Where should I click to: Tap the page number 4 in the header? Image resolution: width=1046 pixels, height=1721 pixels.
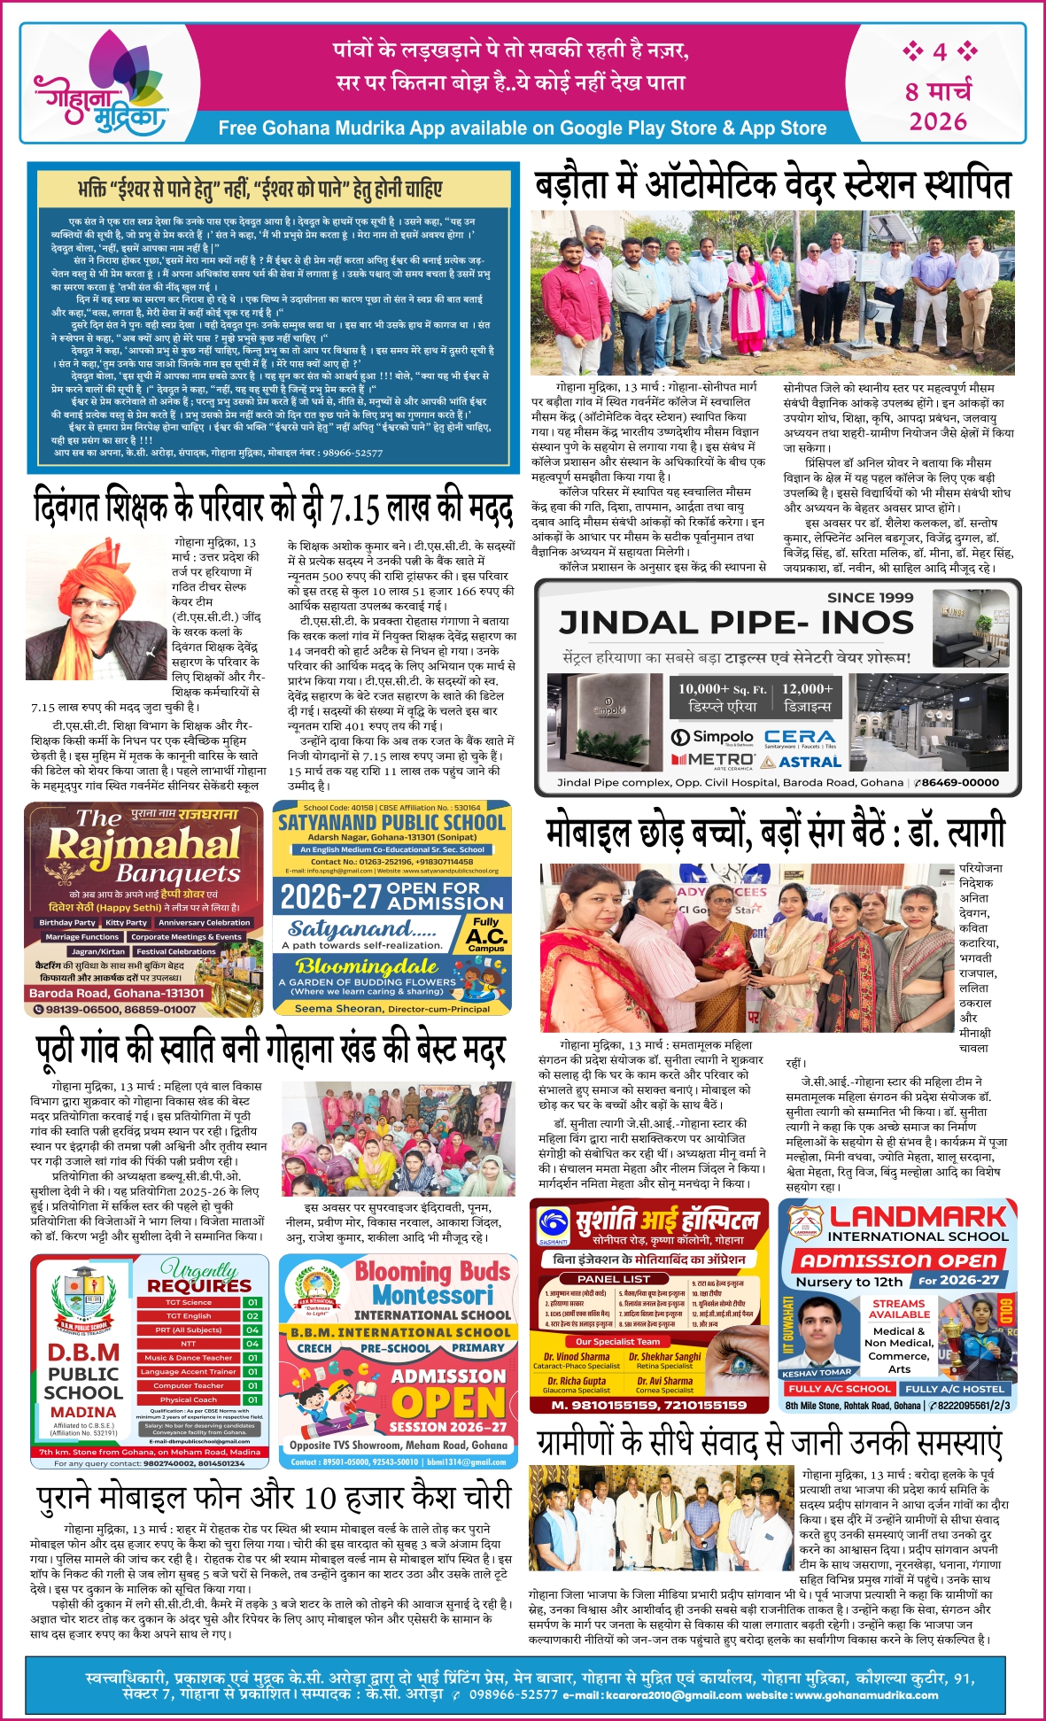940,51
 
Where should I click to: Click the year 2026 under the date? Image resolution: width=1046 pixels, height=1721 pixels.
938,121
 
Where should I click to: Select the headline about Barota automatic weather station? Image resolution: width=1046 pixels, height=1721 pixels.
773,185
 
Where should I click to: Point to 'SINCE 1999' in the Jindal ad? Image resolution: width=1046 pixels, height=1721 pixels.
870,598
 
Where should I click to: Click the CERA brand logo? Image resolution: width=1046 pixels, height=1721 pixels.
800,737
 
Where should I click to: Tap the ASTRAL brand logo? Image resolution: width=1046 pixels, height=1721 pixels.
801,761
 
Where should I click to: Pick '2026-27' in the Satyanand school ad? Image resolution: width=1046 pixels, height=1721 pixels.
329,897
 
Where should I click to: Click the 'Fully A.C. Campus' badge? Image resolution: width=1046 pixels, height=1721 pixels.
486,934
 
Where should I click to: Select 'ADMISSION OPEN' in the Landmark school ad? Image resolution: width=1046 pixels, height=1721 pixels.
898,1260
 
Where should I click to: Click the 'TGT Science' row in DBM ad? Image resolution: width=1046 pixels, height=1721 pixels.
189,1302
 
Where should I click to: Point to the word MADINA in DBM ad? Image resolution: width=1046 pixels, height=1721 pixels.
82,1412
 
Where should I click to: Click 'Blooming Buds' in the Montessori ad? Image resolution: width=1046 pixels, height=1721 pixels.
432,1272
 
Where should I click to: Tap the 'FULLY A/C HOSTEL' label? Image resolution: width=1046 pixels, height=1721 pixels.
954,1389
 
